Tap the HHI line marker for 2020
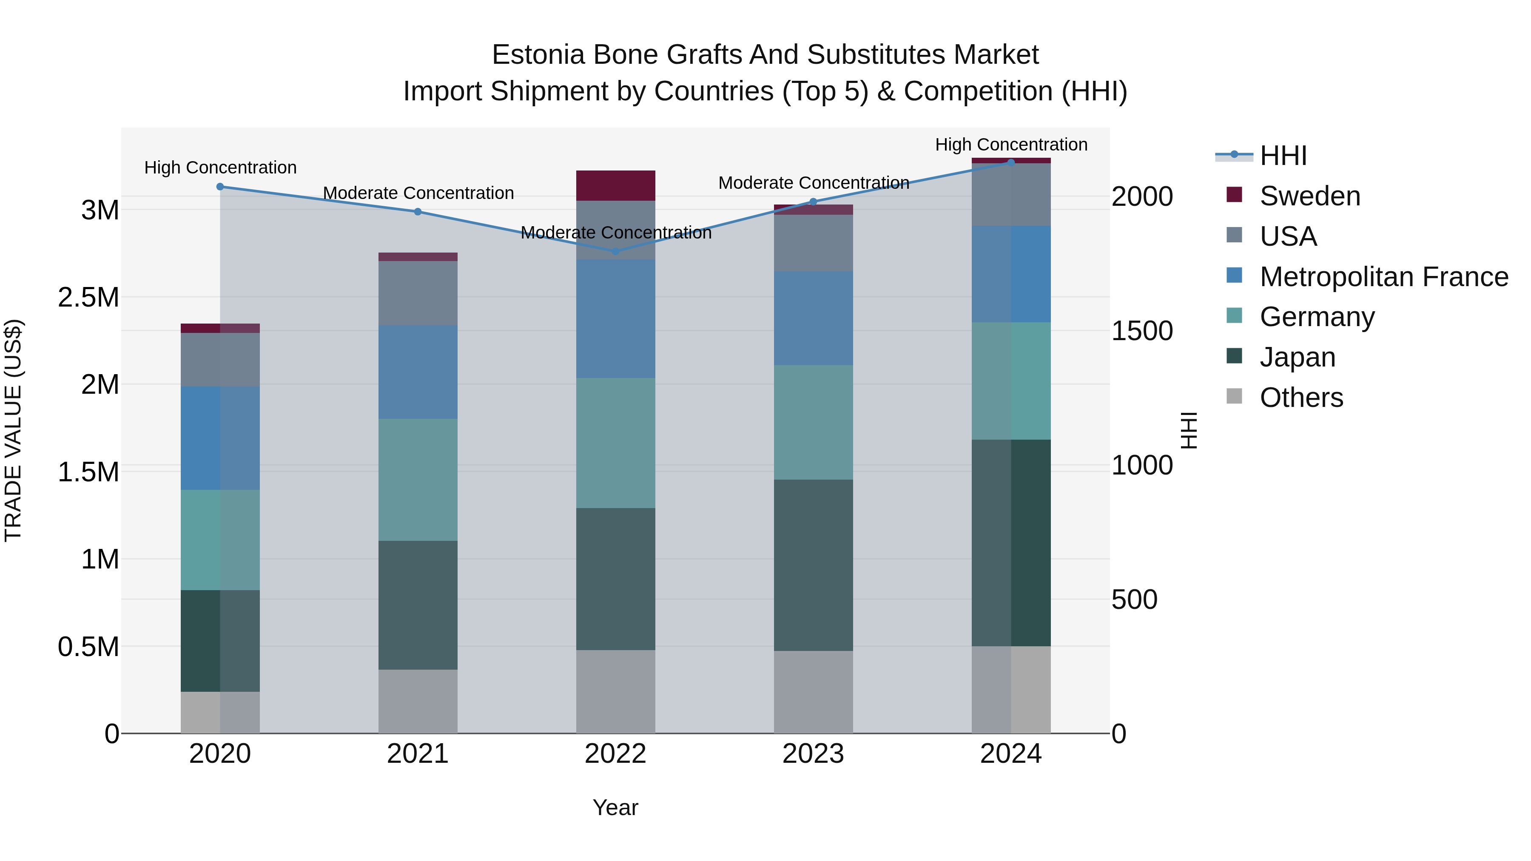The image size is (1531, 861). tap(220, 187)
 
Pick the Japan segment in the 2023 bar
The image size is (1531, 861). tap(813, 565)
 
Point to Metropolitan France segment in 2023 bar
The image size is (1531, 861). tap(813, 318)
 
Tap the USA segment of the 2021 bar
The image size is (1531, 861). tap(418, 293)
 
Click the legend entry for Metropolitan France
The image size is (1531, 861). tap(1383, 277)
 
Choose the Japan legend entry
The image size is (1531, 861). tap(1298, 357)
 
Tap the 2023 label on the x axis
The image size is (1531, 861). tap(813, 754)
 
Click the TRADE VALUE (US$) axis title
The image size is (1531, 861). tap(13, 430)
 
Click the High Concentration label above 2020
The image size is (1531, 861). tap(220, 168)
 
